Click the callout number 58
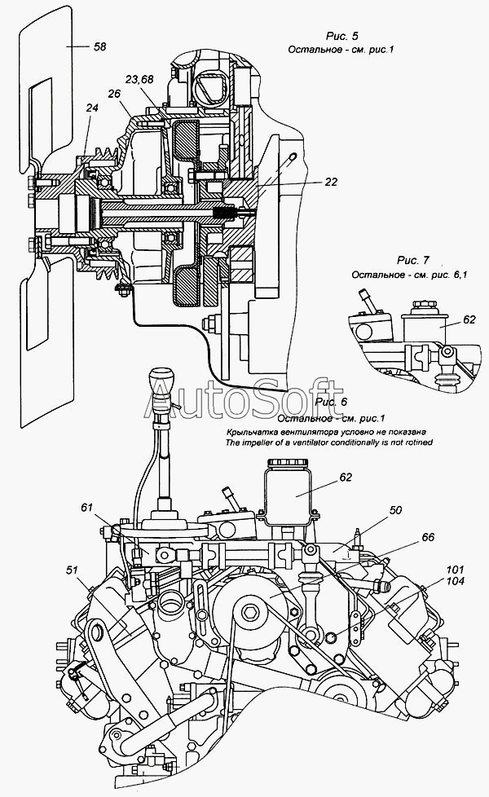click(99, 47)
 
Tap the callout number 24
click(91, 107)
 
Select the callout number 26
click(114, 95)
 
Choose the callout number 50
click(395, 510)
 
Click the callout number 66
click(427, 537)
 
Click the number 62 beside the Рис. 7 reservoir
click(469, 320)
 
